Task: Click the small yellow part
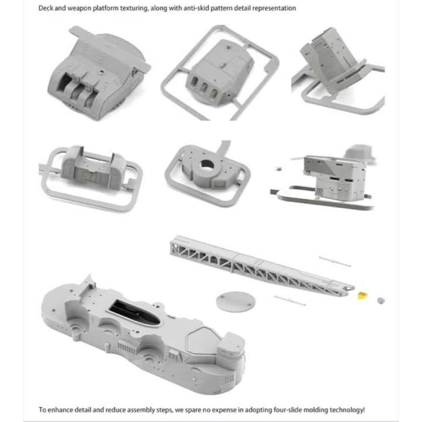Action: [x=362, y=295]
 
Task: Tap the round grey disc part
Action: [x=235, y=301]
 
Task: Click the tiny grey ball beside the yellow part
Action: [x=381, y=300]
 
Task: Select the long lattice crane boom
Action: [x=261, y=265]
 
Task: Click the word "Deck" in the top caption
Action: [x=46, y=8]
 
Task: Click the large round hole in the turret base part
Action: [x=207, y=164]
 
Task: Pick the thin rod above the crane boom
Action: [x=335, y=262]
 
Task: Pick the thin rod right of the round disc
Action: [x=290, y=300]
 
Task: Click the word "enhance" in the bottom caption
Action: [x=60, y=410]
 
